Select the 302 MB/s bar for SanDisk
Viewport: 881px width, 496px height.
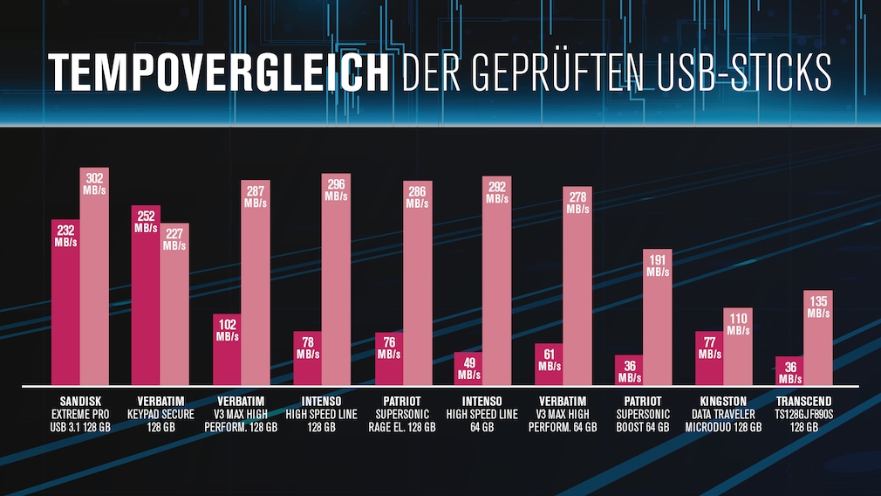point(94,279)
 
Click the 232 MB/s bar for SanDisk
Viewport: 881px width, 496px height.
point(65,306)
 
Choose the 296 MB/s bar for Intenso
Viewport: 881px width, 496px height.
point(336,279)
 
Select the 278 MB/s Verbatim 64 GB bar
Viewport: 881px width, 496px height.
point(577,288)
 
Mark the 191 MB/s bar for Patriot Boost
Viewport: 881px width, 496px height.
point(658,319)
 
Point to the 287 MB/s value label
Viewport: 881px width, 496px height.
point(255,196)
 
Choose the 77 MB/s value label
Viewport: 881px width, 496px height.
point(709,348)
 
